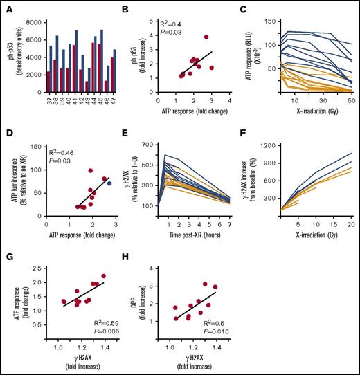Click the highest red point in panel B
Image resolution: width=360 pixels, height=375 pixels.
206,37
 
